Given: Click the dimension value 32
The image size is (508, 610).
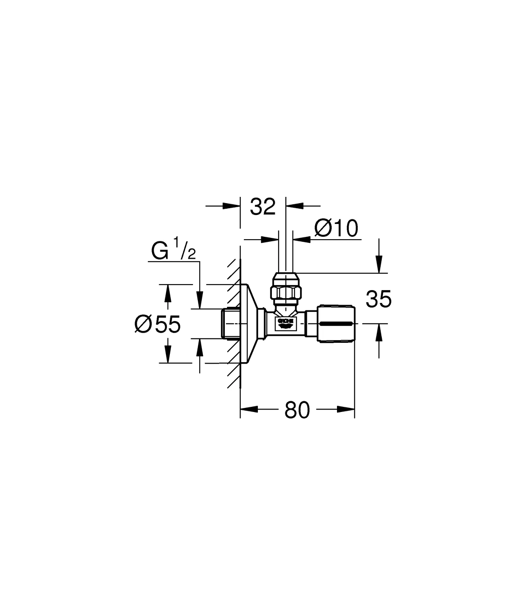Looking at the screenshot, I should pyautogui.click(x=263, y=207).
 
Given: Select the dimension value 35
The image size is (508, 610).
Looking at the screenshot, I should pyautogui.click(x=378, y=299).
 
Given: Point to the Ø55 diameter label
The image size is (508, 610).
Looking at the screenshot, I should pyautogui.click(x=157, y=324).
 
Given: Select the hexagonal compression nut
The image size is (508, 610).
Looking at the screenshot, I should pyautogui.click(x=286, y=292).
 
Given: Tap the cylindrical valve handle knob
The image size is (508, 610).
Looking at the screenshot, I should pyautogui.click(x=336, y=324).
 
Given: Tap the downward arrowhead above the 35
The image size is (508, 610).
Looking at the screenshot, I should pyautogui.click(x=379, y=264).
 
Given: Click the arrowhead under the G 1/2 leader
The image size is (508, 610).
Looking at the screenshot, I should pyautogui.click(x=200, y=300).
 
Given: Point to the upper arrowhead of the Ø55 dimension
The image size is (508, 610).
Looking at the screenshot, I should pyautogui.click(x=168, y=293).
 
